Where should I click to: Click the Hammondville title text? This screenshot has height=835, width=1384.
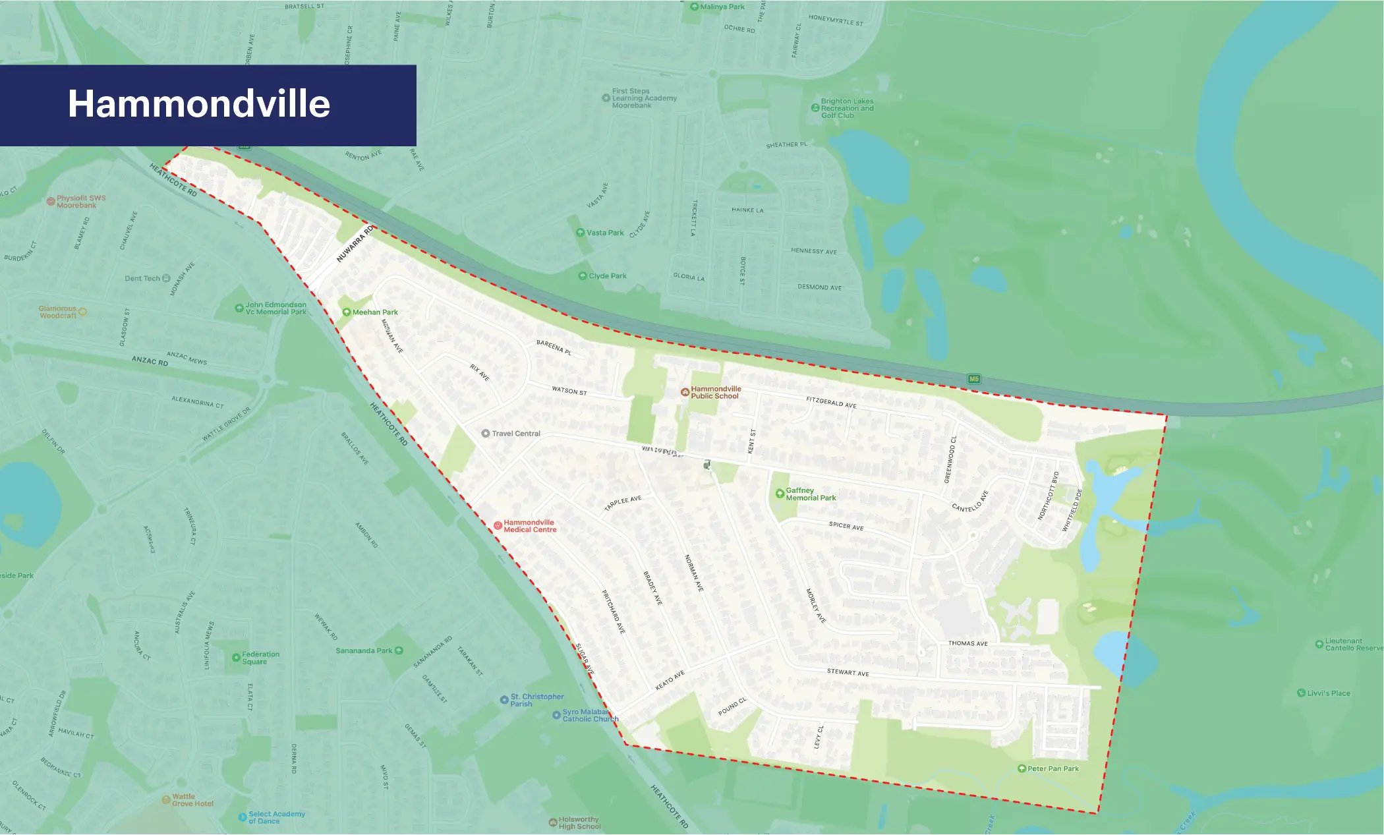pyautogui.click(x=199, y=104)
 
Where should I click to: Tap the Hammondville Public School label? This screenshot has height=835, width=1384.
pyautogui.click(x=715, y=393)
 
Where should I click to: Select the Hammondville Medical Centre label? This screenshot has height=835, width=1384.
pyautogui.click(x=529, y=526)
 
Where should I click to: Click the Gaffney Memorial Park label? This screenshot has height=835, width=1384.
pyautogui.click(x=810, y=494)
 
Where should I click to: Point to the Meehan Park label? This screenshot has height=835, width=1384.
pyautogui.click(x=374, y=312)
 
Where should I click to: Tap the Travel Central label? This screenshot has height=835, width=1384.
pyautogui.click(x=515, y=434)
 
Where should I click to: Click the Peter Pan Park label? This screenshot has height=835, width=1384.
pyautogui.click(x=1052, y=768)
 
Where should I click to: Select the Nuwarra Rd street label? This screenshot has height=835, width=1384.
pyautogui.click(x=355, y=244)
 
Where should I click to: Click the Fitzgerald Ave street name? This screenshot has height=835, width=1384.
pyautogui.click(x=831, y=402)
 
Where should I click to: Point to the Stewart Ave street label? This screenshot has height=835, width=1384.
pyautogui.click(x=848, y=672)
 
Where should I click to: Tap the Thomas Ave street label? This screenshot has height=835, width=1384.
pyautogui.click(x=967, y=643)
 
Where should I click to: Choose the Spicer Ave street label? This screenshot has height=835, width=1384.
pyautogui.click(x=846, y=526)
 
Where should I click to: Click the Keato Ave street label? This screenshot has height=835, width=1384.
pyautogui.click(x=670, y=680)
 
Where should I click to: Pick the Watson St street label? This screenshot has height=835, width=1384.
pyautogui.click(x=569, y=391)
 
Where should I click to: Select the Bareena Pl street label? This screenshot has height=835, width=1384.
pyautogui.click(x=554, y=347)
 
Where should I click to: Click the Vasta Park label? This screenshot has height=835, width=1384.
pyautogui.click(x=604, y=233)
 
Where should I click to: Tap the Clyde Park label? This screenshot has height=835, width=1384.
pyautogui.click(x=607, y=276)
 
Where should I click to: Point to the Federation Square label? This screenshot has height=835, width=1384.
pyautogui.click(x=260, y=658)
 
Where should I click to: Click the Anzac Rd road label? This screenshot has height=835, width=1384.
pyautogui.click(x=150, y=361)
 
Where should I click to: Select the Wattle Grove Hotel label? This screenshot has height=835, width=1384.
pyautogui.click(x=192, y=800)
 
